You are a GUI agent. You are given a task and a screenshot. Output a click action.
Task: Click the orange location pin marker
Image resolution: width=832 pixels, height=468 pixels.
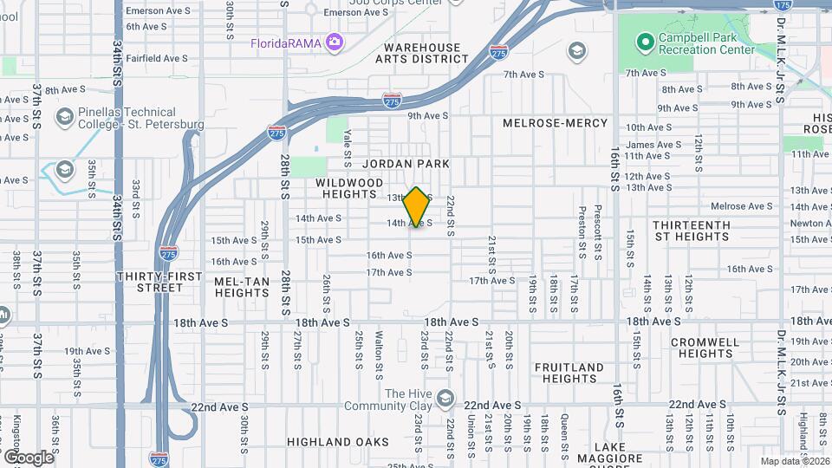(x=417, y=208)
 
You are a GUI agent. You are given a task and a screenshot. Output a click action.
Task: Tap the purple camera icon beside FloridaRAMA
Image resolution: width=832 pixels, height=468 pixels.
(x=334, y=42)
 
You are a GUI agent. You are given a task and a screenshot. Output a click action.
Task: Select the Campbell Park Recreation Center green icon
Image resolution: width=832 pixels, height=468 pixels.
(x=644, y=41)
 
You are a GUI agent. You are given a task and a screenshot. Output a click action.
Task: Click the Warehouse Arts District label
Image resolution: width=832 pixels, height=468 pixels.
(x=422, y=53)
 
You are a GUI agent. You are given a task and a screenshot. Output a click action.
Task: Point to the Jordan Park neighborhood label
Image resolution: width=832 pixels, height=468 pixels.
(x=406, y=163)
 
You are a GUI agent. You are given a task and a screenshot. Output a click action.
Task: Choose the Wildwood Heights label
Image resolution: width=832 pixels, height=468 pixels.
(x=349, y=189)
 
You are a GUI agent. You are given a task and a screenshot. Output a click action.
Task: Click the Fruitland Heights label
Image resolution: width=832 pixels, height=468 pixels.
(x=569, y=373)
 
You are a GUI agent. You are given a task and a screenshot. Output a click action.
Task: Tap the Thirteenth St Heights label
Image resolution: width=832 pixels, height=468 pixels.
(x=692, y=231)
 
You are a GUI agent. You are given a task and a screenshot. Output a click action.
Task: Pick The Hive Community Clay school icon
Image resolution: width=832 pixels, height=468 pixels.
(x=445, y=399)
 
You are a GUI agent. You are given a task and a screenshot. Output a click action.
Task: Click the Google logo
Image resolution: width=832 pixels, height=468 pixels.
(x=28, y=457)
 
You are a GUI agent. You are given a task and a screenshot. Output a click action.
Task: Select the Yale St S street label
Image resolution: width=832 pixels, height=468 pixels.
(x=348, y=139)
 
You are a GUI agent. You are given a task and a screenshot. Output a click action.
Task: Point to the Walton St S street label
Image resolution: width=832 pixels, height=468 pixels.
(x=379, y=354)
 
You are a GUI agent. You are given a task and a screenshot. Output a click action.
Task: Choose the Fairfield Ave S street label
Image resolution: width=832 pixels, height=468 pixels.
(x=157, y=58)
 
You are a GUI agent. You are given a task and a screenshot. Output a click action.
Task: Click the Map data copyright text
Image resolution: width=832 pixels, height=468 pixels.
(x=795, y=461)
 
